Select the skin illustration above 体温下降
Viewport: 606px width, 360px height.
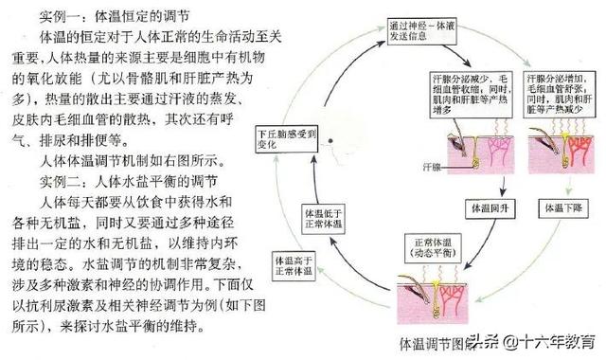[562, 152]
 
